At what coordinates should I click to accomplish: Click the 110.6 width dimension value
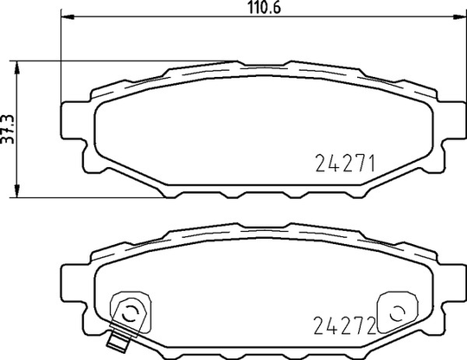click(265, 8)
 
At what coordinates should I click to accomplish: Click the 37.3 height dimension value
click(8, 129)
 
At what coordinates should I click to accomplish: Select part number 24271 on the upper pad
click(345, 164)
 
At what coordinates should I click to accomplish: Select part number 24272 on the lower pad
click(344, 325)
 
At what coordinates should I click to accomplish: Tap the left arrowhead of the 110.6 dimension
click(67, 17)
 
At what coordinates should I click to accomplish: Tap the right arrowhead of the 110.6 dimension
click(459, 17)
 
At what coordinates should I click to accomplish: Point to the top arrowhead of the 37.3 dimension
click(17, 67)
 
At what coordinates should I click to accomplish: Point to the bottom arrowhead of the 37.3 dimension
click(17, 191)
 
